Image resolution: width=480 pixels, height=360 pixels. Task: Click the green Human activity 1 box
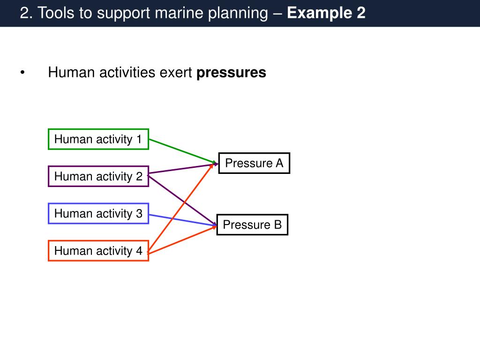(x=98, y=139)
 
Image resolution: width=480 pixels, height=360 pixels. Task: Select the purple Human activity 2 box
(x=98, y=176)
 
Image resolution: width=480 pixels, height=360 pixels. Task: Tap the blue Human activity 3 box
(x=98, y=214)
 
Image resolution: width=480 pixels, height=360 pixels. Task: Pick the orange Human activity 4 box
(x=98, y=251)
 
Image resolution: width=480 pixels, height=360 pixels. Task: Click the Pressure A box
(x=254, y=163)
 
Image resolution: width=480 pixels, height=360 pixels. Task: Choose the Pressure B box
(x=252, y=225)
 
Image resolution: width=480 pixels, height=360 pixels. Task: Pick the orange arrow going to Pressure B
(x=183, y=240)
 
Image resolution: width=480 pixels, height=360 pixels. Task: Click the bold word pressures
(x=231, y=73)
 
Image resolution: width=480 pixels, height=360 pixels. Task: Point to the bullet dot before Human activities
(x=22, y=73)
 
